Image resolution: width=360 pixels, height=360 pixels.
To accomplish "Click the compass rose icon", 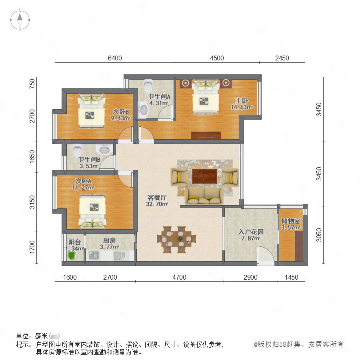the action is [x=20, y=20].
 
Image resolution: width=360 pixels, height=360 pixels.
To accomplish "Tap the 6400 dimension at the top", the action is [x=115, y=58].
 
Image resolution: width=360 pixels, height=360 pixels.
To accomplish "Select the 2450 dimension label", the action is [x=282, y=58].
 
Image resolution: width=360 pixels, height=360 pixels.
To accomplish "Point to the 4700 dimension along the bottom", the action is [x=179, y=277].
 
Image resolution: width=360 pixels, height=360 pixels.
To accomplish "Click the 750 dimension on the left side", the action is [x=32, y=84].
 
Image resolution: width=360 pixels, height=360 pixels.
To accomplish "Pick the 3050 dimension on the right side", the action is [x=319, y=235].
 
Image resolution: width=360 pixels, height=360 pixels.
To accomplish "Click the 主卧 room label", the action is [x=242, y=100].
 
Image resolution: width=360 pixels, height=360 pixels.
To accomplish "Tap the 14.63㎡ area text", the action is [x=242, y=107].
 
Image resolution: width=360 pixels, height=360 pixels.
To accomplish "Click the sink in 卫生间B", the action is [x=105, y=150].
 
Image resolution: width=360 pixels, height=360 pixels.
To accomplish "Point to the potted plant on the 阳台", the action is [x=72, y=255].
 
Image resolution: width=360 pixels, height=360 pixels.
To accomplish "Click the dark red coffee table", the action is [x=204, y=176].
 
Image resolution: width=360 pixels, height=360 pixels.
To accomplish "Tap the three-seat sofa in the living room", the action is [x=204, y=196].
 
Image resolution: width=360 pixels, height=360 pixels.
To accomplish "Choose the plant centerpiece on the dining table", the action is [x=180, y=239].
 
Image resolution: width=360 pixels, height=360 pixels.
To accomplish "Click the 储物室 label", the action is [x=291, y=221].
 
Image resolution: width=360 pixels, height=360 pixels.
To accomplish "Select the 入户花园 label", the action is [x=251, y=232].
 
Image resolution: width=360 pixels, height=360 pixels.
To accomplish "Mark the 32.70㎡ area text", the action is [x=157, y=204].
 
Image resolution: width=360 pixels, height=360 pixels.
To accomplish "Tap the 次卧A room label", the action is [x=83, y=181].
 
